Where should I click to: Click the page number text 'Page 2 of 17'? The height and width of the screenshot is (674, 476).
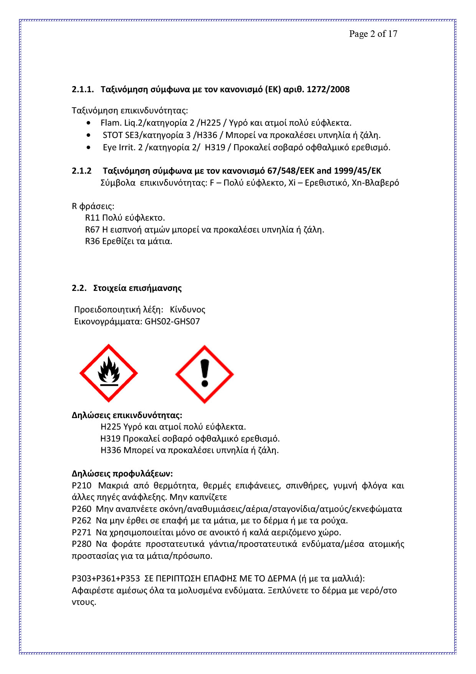[x=373, y=34]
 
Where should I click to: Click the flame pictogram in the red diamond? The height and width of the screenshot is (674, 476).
[x=109, y=373]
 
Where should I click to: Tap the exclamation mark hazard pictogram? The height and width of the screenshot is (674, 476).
[x=205, y=374]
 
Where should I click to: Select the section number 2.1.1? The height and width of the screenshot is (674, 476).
[x=83, y=90]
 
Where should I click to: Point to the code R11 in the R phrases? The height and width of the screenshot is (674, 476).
[x=92, y=218]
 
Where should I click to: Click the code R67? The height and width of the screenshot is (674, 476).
[x=92, y=230]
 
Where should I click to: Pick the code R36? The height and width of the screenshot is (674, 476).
[x=92, y=241]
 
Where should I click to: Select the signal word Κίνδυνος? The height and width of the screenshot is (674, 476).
[x=187, y=310]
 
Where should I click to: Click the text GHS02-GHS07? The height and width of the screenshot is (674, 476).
[x=172, y=322]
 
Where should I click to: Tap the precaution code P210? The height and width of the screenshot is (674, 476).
[x=81, y=486]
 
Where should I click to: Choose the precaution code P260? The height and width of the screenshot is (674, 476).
[x=81, y=509]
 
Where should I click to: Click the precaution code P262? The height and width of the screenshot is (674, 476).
[x=81, y=521]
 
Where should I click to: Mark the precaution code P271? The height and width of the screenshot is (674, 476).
[x=81, y=533]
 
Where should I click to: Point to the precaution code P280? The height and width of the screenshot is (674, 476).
[x=81, y=544]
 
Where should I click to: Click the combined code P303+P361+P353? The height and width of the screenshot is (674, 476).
[x=106, y=579]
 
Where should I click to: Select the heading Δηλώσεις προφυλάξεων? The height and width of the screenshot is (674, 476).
[x=122, y=474]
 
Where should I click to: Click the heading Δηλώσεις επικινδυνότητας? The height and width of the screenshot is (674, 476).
[x=127, y=415]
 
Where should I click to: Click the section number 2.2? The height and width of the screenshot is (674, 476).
[x=79, y=288]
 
